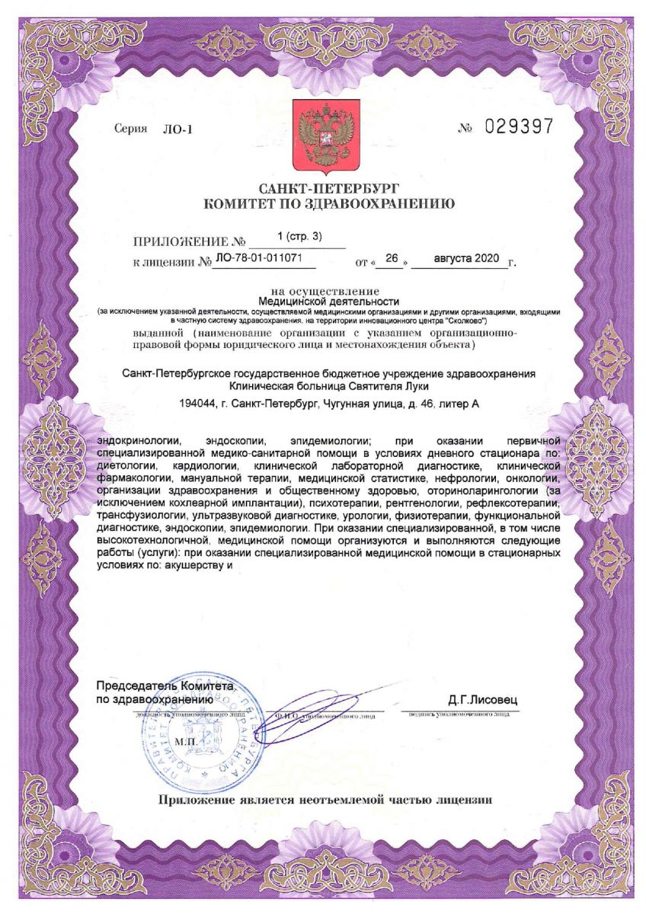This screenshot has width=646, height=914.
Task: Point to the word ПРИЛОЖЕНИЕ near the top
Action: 181,244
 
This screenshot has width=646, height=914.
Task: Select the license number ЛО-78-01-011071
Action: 260,259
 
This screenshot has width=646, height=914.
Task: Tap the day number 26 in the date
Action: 392,260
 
